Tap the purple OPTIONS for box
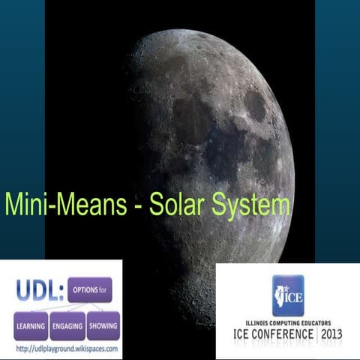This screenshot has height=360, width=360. click(89, 289)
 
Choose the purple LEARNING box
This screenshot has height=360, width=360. click(30, 326)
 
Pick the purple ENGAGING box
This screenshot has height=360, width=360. click(67, 326)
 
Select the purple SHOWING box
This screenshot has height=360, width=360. click(103, 326)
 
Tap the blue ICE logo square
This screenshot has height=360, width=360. click(287, 295)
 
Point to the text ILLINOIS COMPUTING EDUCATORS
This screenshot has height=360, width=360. click(287, 319)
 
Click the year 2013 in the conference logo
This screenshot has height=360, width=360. click(333, 332)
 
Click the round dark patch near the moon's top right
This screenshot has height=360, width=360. click(255, 106)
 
